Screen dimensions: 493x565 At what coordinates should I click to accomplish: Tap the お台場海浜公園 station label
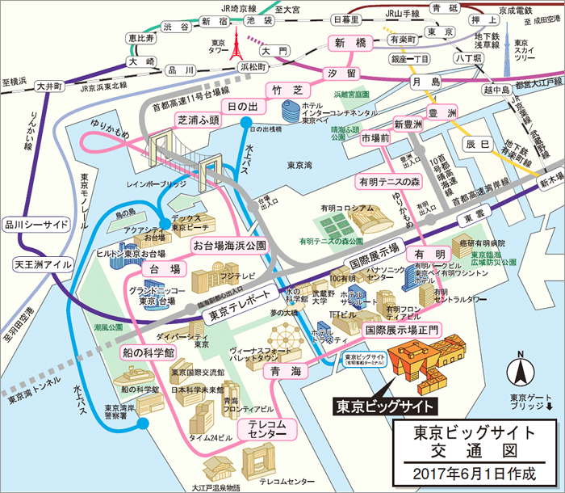[x=228, y=243]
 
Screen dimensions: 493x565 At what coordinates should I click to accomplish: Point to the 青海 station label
[x=281, y=370]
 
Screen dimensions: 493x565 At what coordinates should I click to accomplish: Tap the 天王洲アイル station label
[x=43, y=264]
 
